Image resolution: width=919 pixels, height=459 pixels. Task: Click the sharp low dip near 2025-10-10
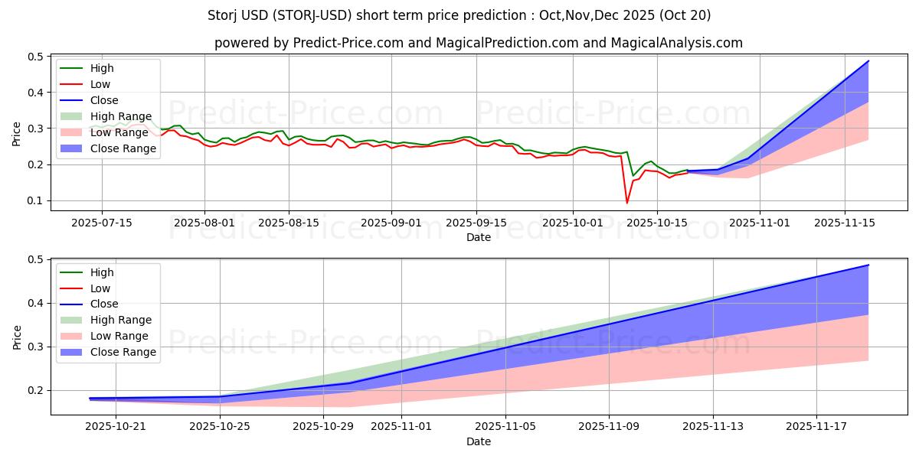pyautogui.click(x=627, y=203)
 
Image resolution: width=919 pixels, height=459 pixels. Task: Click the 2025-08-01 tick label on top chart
pyautogui.click(x=204, y=223)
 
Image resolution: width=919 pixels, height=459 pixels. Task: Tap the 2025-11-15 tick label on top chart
pyautogui.click(x=845, y=223)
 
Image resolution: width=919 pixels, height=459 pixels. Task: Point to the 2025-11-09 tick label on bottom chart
pyautogui.click(x=610, y=427)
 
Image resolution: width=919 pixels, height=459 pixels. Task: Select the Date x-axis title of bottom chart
pyautogui.click(x=479, y=441)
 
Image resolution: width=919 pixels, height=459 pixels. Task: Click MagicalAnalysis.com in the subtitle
pyautogui.click(x=676, y=43)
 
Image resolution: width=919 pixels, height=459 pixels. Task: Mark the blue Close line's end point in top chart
pyautogui.click(x=868, y=61)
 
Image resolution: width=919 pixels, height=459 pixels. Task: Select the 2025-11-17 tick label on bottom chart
pyautogui.click(x=818, y=427)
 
